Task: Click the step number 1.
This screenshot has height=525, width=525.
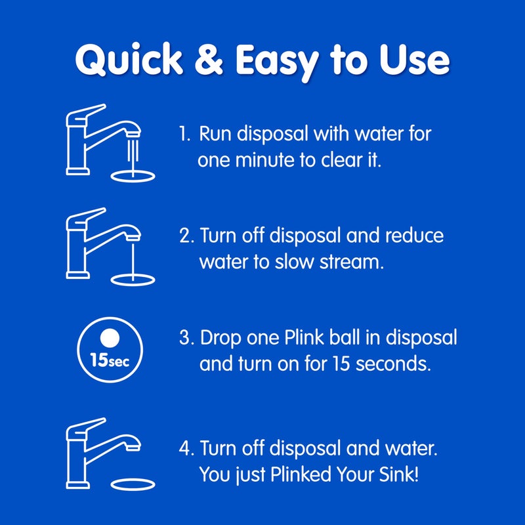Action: (184, 135)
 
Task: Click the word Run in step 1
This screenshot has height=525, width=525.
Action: (216, 135)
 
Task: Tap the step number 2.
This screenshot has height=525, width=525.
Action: (186, 236)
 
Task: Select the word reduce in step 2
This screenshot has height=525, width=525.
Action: (413, 236)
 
